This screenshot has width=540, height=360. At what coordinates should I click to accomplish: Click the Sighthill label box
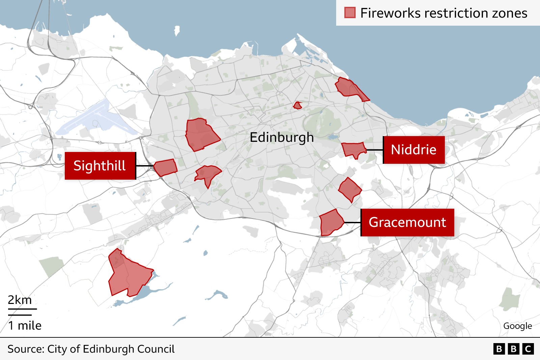point(100,166)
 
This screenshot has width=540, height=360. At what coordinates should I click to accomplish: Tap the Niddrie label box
point(414,150)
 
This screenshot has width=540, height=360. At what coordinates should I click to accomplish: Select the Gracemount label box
point(407,223)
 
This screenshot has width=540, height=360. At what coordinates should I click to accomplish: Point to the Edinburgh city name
point(281,137)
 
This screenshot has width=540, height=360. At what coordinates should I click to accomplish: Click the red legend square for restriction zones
point(350,13)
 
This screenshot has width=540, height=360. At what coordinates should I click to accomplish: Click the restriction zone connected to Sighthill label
point(165,168)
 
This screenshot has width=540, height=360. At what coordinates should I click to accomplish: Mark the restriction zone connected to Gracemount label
point(330,223)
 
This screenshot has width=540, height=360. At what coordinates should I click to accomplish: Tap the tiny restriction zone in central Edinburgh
point(297,105)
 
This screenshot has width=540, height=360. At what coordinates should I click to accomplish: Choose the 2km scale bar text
point(20,300)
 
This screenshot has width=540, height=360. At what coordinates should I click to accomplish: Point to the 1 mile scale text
point(25,326)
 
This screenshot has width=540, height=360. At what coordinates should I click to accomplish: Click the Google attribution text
point(517,326)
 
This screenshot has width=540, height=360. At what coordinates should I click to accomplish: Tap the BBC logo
point(513,349)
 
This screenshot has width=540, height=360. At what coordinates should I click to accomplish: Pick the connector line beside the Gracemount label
point(352,223)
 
